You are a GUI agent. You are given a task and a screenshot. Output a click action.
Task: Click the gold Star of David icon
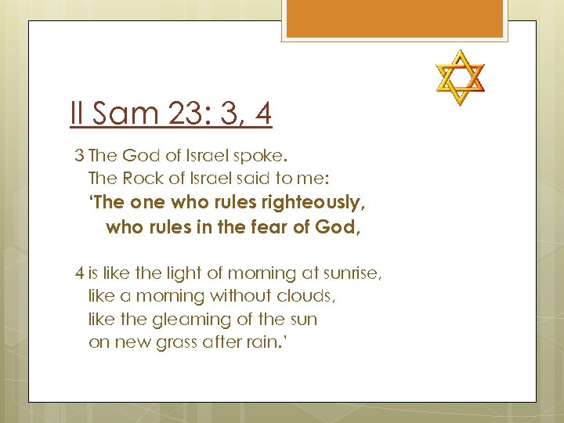click(x=460, y=78)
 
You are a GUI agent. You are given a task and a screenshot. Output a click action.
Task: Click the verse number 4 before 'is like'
click(x=79, y=273)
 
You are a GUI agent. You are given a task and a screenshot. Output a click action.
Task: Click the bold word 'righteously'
click(x=314, y=202)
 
